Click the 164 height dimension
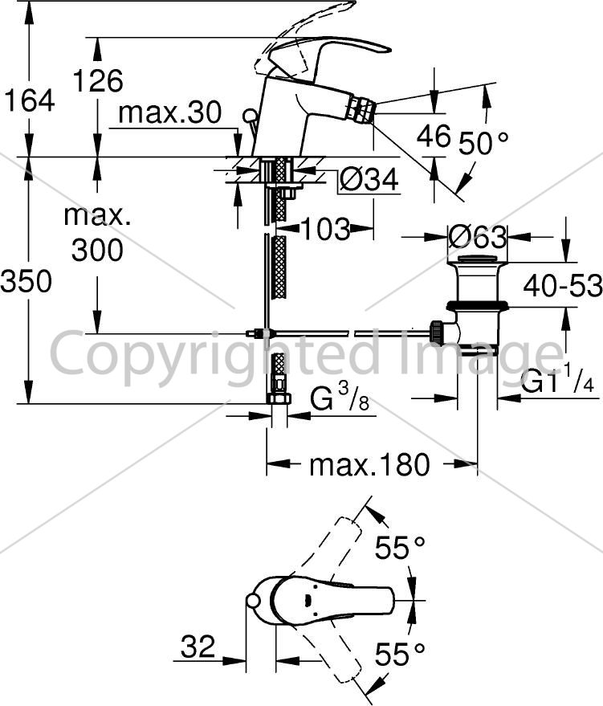coord(29,100)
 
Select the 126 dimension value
coord(98,80)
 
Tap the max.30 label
coord(170,112)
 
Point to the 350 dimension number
coord(26,281)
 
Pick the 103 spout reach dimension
coord(325,228)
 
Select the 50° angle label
coord(483,144)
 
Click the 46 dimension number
coord(434,136)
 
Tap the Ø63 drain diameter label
coord(478,237)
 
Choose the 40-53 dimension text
coord(563,285)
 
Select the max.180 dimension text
coord(369,465)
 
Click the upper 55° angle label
coord(400,548)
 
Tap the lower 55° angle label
coord(400,654)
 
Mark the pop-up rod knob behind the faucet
coord(249,115)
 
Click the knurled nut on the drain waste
coord(437,332)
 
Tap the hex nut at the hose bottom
coord(279,399)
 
